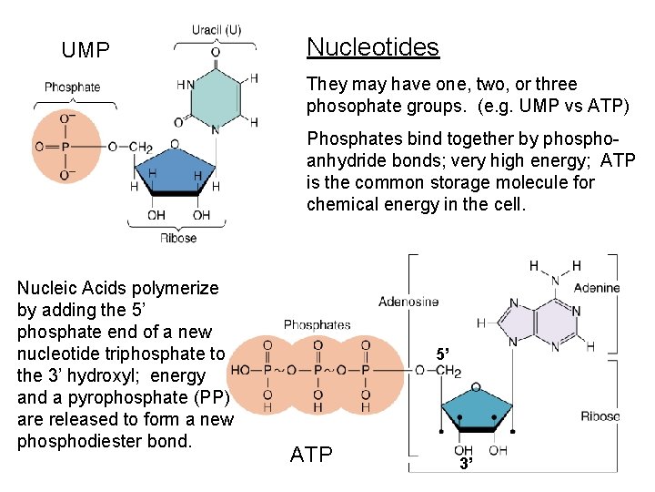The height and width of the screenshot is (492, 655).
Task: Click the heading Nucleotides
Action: click(372, 47)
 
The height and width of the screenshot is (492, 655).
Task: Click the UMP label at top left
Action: click(86, 51)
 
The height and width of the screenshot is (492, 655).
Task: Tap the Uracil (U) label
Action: click(216, 31)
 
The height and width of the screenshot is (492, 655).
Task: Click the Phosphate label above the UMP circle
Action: click(72, 87)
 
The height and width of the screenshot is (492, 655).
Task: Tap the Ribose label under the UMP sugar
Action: click(177, 239)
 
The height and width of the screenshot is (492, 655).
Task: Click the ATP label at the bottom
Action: click(311, 455)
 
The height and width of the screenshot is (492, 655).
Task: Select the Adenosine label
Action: click(408, 302)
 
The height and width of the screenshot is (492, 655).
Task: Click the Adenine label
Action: click(597, 288)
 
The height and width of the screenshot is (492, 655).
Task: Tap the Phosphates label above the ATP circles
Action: click(317, 324)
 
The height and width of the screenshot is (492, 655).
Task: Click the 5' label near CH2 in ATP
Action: click(441, 354)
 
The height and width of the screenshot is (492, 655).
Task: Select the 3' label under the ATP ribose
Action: click(465, 464)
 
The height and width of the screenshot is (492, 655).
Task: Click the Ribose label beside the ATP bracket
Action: click(600, 416)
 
